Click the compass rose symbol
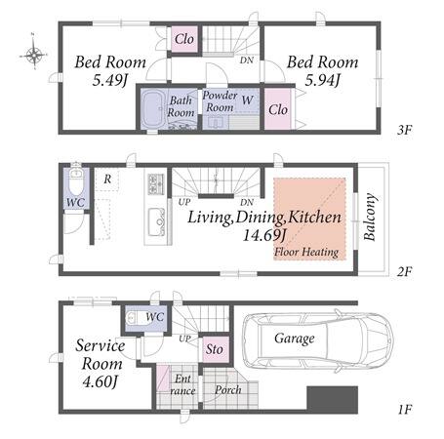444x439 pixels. click(33, 53)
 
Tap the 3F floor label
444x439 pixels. click(404, 130)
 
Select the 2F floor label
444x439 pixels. click(404, 271)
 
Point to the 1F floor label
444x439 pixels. click(405, 409)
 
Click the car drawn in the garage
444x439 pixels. click(318, 340)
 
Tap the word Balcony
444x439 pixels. click(370, 217)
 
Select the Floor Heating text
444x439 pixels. click(306, 252)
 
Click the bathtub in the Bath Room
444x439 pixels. click(153, 108)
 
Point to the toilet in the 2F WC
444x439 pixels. click(76, 182)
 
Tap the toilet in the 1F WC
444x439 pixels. click(135, 318)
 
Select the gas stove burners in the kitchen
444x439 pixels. click(156, 184)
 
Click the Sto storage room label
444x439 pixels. click(214, 349)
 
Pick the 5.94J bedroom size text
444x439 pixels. click(322, 80)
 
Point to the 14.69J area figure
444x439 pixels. click(264, 235)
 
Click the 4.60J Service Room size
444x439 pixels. click(100, 381)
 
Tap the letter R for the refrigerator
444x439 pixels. click(107, 179)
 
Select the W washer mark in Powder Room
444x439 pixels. click(247, 100)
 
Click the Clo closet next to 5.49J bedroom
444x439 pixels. click(184, 39)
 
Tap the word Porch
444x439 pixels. click(228, 389)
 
